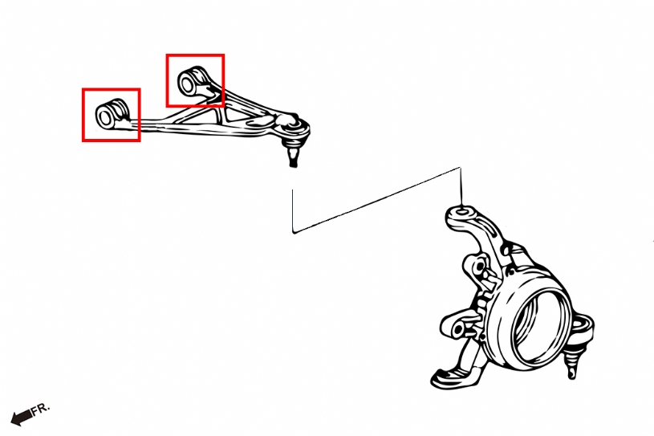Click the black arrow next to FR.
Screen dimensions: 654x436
(x=21, y=418)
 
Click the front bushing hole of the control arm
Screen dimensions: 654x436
(x=104, y=118)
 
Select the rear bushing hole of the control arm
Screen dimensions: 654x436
(x=187, y=84)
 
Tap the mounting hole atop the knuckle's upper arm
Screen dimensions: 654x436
(x=461, y=211)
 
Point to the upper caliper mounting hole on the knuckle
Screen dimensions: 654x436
(x=479, y=266)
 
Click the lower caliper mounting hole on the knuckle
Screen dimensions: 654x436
(x=458, y=329)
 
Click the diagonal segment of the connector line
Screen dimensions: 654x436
(x=376, y=199)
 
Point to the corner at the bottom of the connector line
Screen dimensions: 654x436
(x=294, y=232)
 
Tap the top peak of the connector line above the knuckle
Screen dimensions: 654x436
(x=460, y=168)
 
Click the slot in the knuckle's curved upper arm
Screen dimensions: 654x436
(x=505, y=250)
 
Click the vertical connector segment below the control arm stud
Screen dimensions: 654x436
(x=293, y=210)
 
